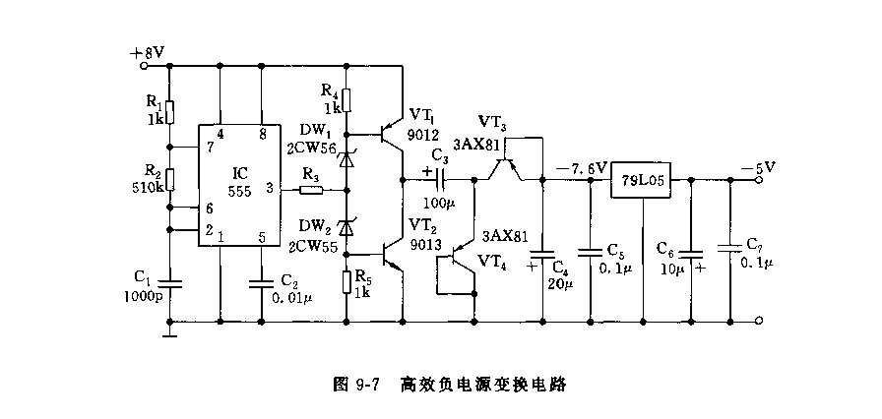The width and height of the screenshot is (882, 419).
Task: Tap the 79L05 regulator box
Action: [642, 181]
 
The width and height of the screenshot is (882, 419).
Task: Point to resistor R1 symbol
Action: [169, 111]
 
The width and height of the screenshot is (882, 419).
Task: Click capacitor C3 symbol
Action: [441, 180]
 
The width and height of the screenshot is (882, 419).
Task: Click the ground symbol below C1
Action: [169, 333]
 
